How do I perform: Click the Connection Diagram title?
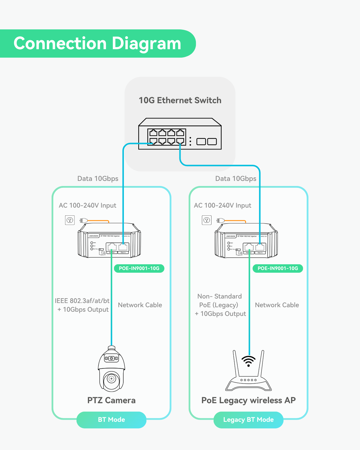97,43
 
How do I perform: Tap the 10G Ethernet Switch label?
180,100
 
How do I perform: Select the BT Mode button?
111,420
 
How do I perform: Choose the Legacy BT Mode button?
248,420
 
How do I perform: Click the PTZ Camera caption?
111,400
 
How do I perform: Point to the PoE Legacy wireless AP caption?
248,400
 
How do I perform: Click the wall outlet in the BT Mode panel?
70,220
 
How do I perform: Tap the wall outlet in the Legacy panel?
207,220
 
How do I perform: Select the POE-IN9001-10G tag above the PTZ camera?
139,268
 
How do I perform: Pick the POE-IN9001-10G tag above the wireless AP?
278,268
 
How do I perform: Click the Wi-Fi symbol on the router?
249,361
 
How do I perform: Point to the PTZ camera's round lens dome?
112,379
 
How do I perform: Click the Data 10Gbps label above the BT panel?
98,178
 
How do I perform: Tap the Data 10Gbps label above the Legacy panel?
236,178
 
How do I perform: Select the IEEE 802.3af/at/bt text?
82,301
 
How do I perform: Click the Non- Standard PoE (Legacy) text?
219,301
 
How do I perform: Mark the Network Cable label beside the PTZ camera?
140,305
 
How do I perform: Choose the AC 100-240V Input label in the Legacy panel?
223,205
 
